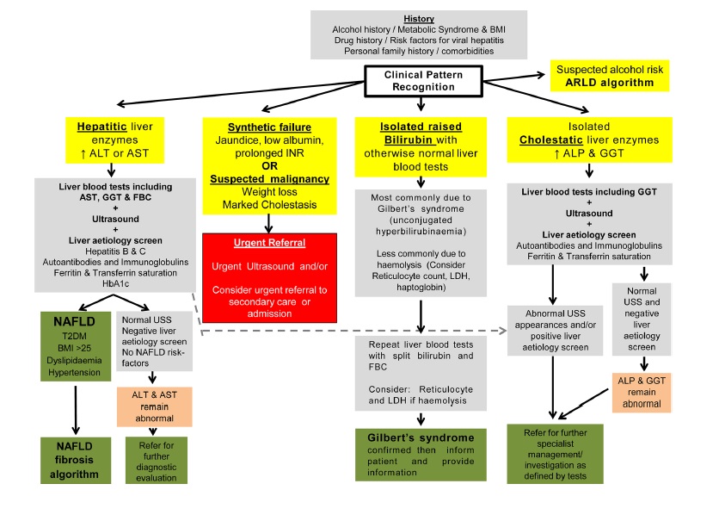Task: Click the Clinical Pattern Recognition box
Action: (423, 81)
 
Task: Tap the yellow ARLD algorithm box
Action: (610, 76)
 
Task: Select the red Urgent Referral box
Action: (270, 277)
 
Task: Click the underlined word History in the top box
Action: (419, 19)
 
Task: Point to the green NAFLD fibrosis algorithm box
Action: (76, 460)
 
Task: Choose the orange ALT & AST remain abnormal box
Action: (155, 406)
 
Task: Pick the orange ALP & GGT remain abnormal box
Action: (642, 393)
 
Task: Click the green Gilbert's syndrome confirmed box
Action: (421, 455)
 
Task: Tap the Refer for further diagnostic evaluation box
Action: (157, 461)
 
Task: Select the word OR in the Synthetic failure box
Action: (270, 165)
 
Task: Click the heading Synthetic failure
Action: (270, 127)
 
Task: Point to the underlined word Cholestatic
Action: (550, 140)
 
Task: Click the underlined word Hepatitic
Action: (101, 127)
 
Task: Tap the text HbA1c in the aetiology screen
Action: (115, 283)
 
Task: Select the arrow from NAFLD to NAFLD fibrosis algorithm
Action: (76, 410)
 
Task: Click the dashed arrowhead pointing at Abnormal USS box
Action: (501, 331)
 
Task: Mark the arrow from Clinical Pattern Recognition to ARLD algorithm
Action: (513, 78)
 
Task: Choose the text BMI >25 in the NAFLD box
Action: (74, 348)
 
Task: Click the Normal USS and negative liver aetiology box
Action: (642, 319)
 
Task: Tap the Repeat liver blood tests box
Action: (421, 373)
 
